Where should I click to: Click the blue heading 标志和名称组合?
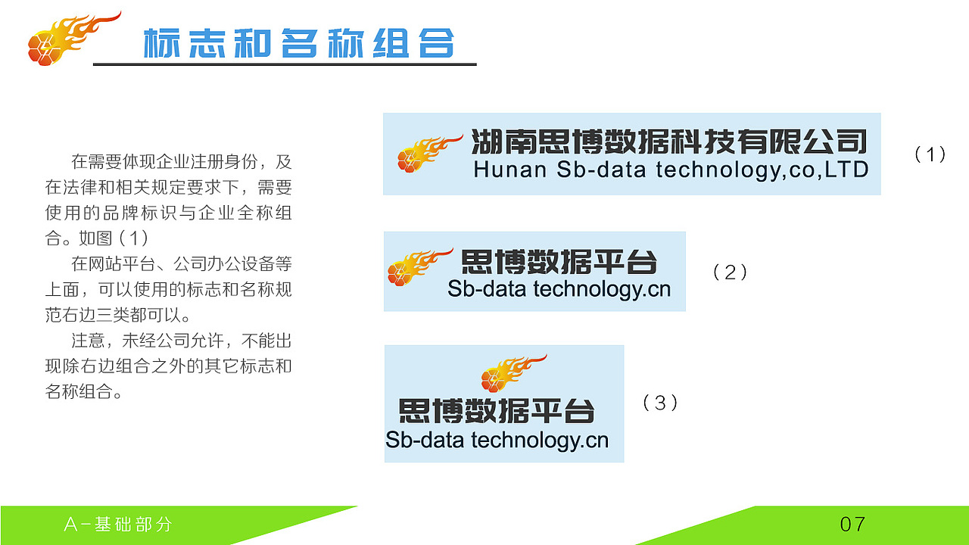coord(298,43)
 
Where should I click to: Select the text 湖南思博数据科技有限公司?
coord(669,142)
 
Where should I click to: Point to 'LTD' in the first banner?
coord(846,169)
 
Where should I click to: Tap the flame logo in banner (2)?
coord(419,266)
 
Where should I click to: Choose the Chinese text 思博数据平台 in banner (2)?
coord(559,262)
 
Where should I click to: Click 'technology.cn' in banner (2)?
coord(602,290)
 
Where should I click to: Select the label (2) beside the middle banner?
coord(730,272)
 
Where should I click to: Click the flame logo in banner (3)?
coord(513,373)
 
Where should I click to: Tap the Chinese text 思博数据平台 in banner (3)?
coord(496,410)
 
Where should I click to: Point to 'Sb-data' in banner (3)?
coord(425,440)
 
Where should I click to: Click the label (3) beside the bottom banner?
coord(660,403)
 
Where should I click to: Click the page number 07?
coord(852,525)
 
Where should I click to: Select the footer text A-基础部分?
coord(117,525)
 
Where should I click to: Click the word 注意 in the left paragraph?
coord(88,341)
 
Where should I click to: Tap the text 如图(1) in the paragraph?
coord(114,238)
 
